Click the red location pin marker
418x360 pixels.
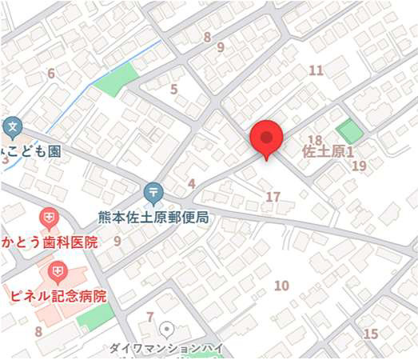tap(266, 138)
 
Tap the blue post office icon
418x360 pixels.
tap(153, 192)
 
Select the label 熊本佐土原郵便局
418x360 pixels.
tap(153, 217)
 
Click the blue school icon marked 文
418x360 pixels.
tap(12, 126)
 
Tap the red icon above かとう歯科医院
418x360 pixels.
tap(50, 217)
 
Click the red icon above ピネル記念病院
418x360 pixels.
tap(58, 272)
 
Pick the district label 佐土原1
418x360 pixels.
tap(328, 150)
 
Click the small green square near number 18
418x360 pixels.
tap(348, 131)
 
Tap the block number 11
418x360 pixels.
tap(316, 70)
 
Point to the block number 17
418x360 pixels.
tap(273, 197)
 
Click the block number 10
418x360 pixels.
tap(281, 286)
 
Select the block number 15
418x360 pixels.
tap(370, 334)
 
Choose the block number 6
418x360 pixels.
tap(51, 74)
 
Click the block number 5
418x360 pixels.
tap(173, 90)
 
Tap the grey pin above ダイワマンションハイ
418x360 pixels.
tap(167, 328)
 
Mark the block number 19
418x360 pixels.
tap(359, 166)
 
